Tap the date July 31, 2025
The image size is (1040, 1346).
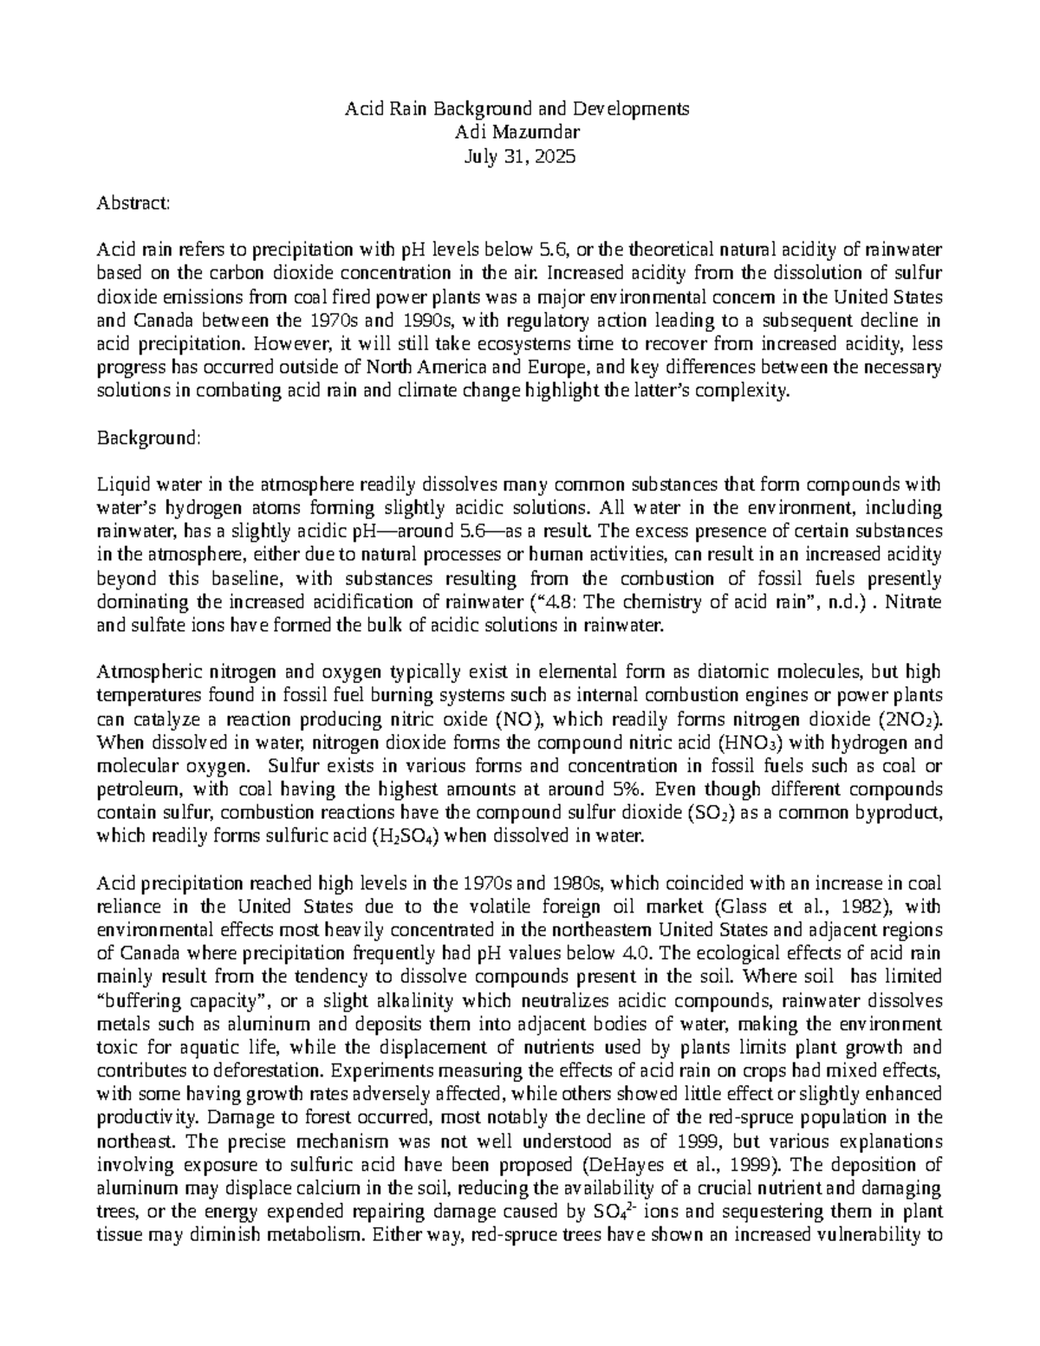(x=518, y=157)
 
